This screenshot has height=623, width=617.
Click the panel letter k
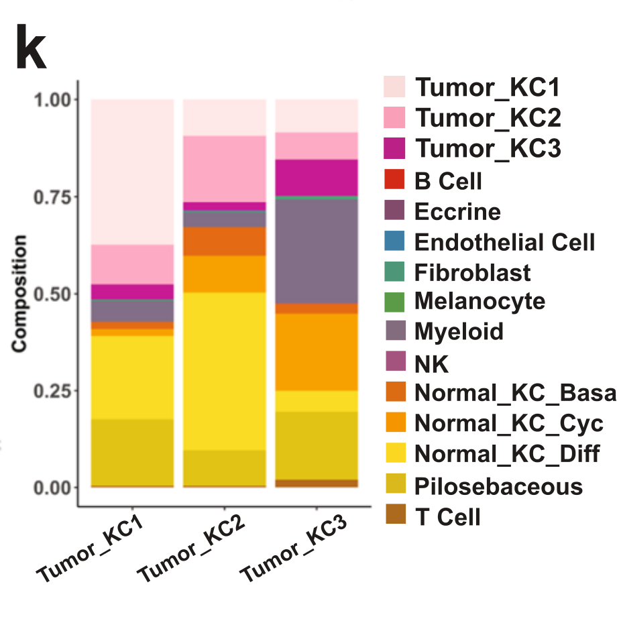[31, 48]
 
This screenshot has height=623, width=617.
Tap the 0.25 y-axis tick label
[52, 391]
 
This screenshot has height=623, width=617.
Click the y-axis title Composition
[19, 293]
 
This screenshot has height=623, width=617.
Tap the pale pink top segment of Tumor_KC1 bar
[132, 171]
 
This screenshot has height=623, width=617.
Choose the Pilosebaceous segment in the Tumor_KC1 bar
[132, 452]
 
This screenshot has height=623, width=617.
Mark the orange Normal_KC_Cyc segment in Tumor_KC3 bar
[317, 352]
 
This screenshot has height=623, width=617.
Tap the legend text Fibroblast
[472, 273]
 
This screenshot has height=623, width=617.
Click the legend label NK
[431, 364]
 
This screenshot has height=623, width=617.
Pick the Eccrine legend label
[457, 212]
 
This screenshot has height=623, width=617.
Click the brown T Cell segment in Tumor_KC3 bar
[317, 483]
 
